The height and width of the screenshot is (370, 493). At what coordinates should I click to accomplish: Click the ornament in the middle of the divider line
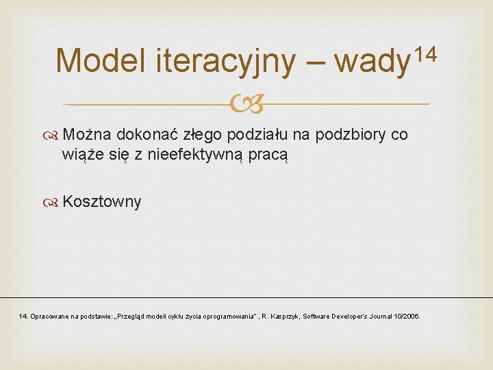[x=246, y=105]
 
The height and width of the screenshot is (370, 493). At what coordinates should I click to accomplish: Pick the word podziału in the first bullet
[x=257, y=134]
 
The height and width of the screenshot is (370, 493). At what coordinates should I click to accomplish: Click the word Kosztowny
[x=102, y=201]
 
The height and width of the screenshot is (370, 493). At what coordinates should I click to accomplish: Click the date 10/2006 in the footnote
[x=408, y=317]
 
